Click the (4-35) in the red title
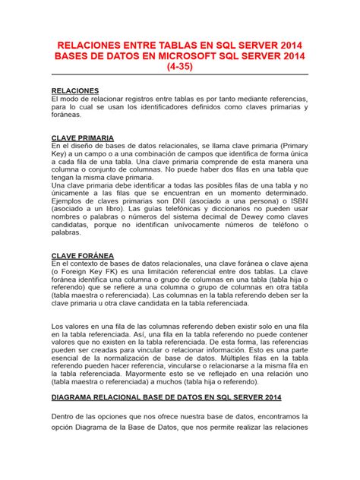pos(180,67)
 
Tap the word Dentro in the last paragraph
pos(65,417)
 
